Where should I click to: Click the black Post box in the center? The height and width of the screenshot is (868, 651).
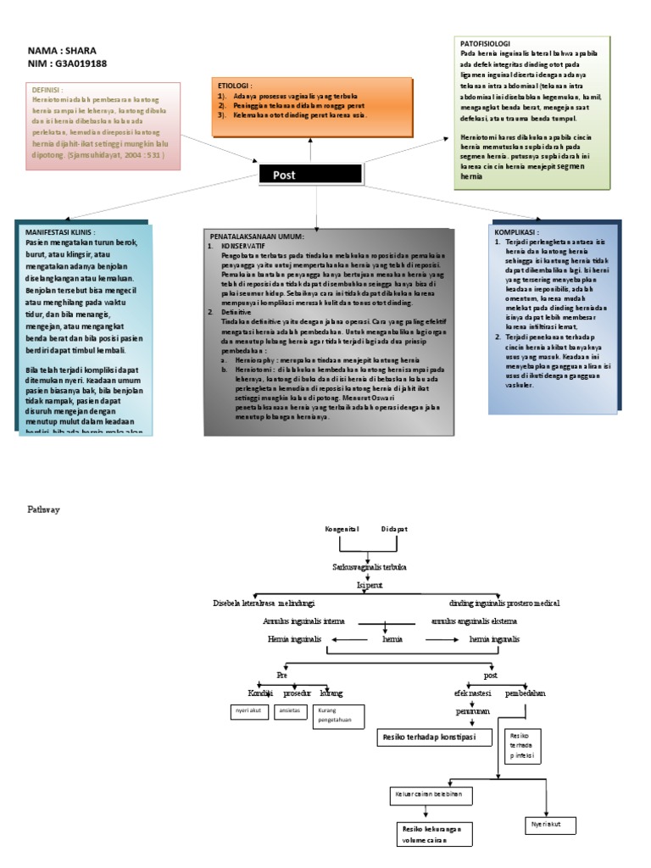pyautogui.click(x=309, y=175)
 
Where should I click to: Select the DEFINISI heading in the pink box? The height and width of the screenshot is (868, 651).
pyautogui.click(x=50, y=88)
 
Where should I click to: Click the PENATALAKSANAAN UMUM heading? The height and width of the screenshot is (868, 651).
pyautogui.click(x=256, y=234)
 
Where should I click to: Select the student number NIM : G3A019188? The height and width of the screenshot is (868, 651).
pyautogui.click(x=68, y=64)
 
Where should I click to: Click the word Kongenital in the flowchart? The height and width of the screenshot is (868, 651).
pyautogui.click(x=343, y=528)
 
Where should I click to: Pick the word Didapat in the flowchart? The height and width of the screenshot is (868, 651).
pyautogui.click(x=394, y=528)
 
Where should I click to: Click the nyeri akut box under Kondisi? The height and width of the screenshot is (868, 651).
pyautogui.click(x=247, y=711)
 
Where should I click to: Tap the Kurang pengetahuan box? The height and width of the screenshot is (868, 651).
pyautogui.click(x=337, y=716)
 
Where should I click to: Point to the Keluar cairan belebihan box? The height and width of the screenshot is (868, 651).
pyautogui.click(x=431, y=796)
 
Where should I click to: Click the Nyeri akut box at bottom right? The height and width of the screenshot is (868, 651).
pyautogui.click(x=547, y=823)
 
